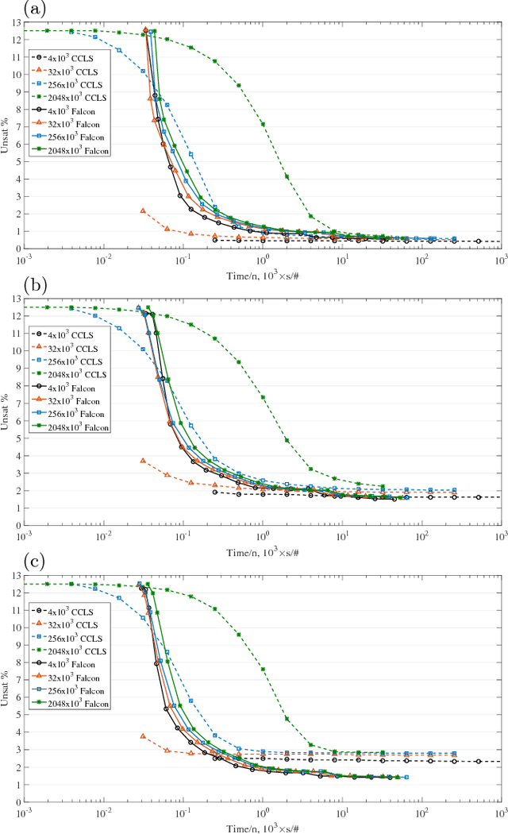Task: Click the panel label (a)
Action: point(12,10)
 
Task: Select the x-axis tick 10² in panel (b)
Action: point(421,535)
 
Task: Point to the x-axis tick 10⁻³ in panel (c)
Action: point(24,812)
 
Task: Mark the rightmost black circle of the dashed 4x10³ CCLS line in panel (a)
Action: point(478,241)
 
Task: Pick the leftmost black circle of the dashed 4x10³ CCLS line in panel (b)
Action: point(214,492)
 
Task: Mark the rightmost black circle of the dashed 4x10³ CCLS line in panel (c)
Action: point(478,761)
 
